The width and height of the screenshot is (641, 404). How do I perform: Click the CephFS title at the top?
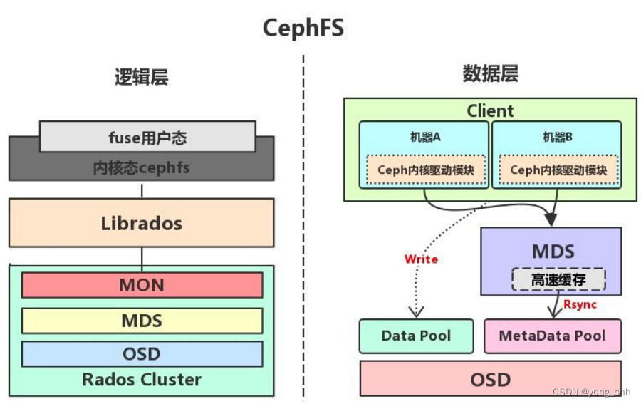tap(303, 28)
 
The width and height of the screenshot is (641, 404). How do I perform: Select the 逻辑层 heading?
tap(141, 76)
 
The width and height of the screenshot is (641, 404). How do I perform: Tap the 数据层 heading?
tap(490, 73)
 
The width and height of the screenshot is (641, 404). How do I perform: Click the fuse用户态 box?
tap(147, 136)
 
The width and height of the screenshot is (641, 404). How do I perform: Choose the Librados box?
tap(141, 223)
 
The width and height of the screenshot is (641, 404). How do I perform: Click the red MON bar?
tap(142, 285)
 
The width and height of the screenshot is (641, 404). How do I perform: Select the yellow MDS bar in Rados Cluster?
tap(142, 321)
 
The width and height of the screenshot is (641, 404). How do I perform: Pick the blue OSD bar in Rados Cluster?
tap(142, 354)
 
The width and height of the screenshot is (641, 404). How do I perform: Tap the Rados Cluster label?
tap(142, 379)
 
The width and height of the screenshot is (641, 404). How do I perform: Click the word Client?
tap(490, 111)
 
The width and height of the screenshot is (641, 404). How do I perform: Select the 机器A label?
tap(424, 137)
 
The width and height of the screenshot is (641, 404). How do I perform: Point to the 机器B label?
tap(557, 137)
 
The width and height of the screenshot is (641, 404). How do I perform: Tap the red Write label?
tap(421, 259)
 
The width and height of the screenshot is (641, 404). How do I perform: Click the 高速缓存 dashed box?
tap(558, 280)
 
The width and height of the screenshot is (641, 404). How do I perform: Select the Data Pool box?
tap(416, 336)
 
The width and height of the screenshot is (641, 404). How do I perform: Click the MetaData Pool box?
tap(553, 336)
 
